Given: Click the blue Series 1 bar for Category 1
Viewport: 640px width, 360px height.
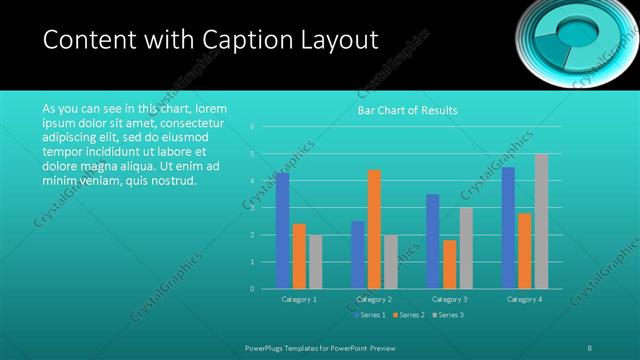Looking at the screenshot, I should (282, 231).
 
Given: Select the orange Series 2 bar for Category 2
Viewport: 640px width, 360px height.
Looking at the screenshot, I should (374, 229).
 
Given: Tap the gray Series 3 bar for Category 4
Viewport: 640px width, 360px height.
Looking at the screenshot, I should (541, 221).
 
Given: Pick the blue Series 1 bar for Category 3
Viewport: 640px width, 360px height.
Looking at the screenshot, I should (432, 241).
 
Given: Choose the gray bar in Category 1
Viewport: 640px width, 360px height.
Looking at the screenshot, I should (316, 262).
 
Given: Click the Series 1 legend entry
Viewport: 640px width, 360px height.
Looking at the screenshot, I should (370, 316).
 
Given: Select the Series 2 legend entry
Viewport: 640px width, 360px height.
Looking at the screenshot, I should (409, 316).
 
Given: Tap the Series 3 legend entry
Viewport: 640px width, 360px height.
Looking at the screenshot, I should (448, 316).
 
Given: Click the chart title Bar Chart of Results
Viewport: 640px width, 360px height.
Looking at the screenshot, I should (407, 110).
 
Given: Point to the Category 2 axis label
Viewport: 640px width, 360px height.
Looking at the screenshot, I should (374, 299).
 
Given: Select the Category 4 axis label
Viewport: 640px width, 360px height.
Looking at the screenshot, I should (524, 299).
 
